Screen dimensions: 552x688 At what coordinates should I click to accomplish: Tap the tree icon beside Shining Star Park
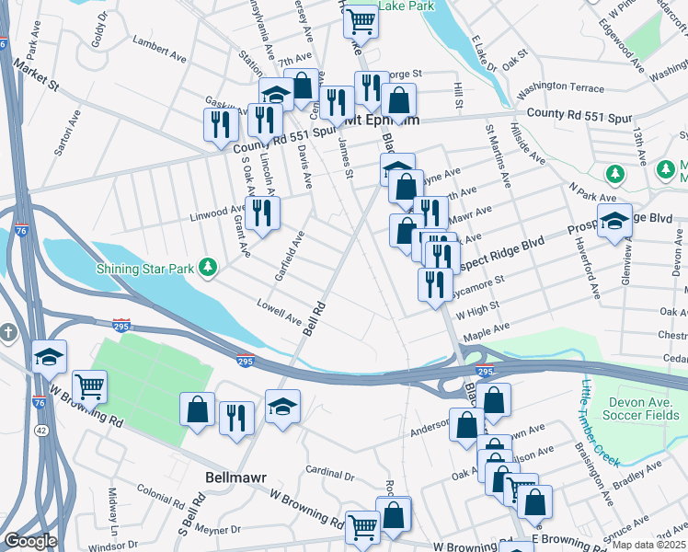(x=210, y=268)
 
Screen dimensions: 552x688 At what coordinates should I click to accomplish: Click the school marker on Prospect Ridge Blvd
(x=614, y=221)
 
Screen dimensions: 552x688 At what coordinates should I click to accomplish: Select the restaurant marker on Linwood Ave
(x=262, y=213)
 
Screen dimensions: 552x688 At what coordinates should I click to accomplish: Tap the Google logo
(x=30, y=541)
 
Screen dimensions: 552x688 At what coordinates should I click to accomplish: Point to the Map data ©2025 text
(x=648, y=544)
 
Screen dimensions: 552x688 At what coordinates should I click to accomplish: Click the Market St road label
(x=34, y=75)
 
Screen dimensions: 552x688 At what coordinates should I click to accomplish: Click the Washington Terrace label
(x=560, y=88)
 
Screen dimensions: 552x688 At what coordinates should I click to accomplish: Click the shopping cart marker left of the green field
(x=89, y=386)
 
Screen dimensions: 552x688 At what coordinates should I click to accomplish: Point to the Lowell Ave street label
(x=280, y=314)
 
